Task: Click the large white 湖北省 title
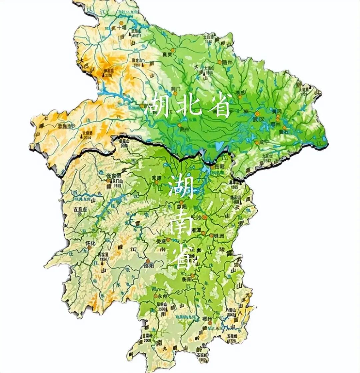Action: (x=187, y=106)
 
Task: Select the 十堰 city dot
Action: (x=122, y=23)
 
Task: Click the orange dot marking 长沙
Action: (x=205, y=217)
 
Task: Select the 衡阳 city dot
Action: (x=193, y=276)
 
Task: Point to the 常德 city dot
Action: (x=156, y=182)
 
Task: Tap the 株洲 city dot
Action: (x=211, y=235)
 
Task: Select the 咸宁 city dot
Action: (x=257, y=142)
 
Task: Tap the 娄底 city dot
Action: (x=169, y=240)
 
